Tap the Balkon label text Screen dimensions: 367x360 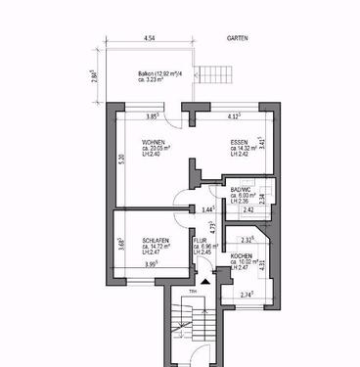(153, 73)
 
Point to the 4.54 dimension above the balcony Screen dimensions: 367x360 (149, 38)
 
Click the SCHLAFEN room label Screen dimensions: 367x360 (156, 240)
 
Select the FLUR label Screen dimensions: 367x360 (200, 240)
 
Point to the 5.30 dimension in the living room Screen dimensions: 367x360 (121, 161)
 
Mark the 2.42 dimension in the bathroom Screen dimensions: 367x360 (248, 210)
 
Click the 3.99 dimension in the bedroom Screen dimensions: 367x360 (151, 263)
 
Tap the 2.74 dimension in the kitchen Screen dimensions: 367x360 (247, 294)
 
